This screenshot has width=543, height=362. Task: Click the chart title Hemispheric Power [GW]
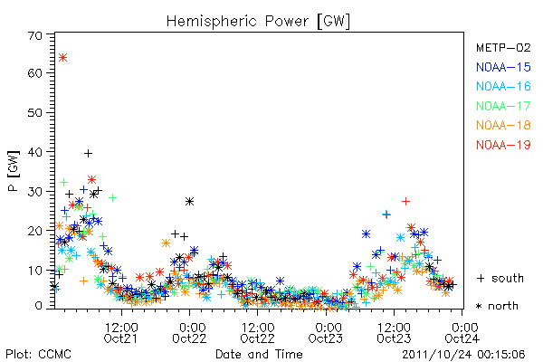258,22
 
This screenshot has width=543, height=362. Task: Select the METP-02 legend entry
503,47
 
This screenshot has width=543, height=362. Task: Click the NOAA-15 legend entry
503,67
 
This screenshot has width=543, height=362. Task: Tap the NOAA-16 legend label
503,86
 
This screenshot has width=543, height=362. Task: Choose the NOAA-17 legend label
503,106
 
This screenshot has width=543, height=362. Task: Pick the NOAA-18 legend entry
503,125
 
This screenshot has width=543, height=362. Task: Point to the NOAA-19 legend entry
503,145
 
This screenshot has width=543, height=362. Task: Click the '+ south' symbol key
500,278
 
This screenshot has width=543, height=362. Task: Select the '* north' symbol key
497,306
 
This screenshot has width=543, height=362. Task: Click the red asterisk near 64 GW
62,58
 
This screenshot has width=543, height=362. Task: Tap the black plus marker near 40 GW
89,153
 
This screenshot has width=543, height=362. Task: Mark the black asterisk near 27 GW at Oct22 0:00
189,201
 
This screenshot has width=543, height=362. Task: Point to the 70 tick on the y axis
35,35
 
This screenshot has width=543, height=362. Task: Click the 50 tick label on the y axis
35,113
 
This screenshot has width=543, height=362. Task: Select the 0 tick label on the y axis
39,306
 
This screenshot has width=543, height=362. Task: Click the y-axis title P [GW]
14,171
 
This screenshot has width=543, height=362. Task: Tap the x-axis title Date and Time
259,355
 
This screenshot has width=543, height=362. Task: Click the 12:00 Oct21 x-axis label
121,332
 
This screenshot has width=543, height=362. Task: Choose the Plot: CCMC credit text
38,355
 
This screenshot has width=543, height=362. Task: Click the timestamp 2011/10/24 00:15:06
463,355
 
